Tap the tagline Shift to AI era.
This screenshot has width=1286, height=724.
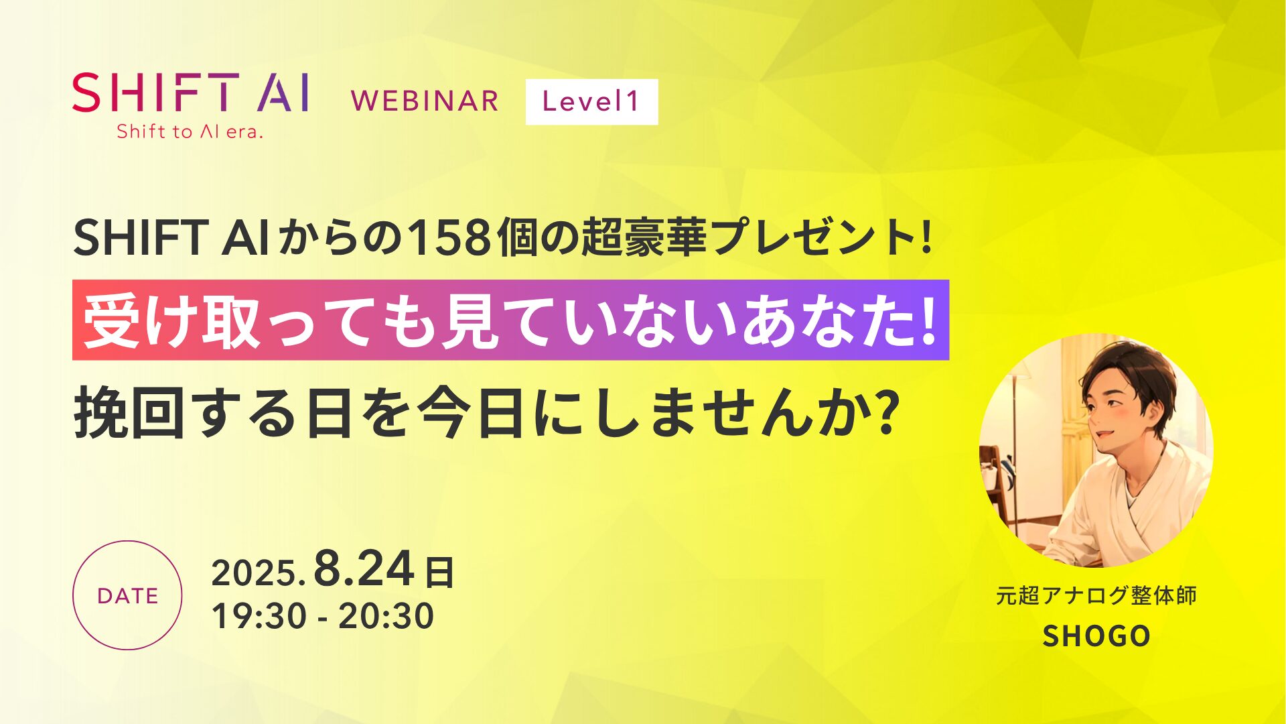pyautogui.click(x=190, y=131)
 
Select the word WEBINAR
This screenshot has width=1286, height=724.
pyautogui.click(x=425, y=102)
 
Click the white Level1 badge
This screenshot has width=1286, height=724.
pyautogui.click(x=591, y=102)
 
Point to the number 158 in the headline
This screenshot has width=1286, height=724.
pyautogui.click(x=449, y=239)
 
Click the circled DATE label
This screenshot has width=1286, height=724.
pyautogui.click(x=127, y=595)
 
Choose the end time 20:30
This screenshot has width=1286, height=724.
pyautogui.click(x=386, y=616)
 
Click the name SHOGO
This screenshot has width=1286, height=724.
pyautogui.click(x=1096, y=636)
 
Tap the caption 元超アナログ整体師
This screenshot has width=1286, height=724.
pyautogui.click(x=1096, y=595)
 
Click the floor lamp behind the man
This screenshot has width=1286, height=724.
pyautogui.click(x=1015, y=416)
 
